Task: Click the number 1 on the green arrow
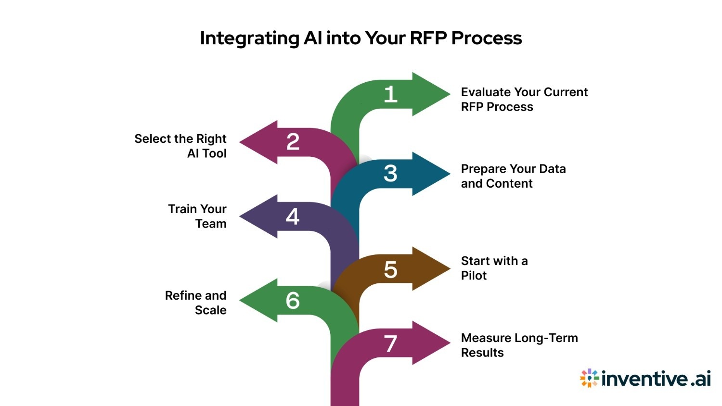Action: pyautogui.click(x=390, y=94)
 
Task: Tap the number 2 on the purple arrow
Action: pyautogui.click(x=293, y=142)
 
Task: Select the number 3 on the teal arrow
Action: pyautogui.click(x=390, y=174)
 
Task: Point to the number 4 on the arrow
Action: pyautogui.click(x=293, y=216)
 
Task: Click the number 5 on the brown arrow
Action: pyautogui.click(x=390, y=269)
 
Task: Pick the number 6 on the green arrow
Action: pyautogui.click(x=293, y=301)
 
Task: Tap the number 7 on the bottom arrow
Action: pyautogui.click(x=390, y=344)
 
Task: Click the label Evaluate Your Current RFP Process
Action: pyautogui.click(x=524, y=99)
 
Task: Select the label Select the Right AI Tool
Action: pyautogui.click(x=180, y=146)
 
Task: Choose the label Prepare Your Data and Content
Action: pyautogui.click(x=513, y=176)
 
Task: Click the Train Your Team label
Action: pyautogui.click(x=197, y=216)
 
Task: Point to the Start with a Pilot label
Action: pyautogui.click(x=494, y=268)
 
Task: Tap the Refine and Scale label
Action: pyautogui.click(x=196, y=303)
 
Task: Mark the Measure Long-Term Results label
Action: pyautogui.click(x=519, y=345)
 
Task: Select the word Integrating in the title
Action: pyautogui.click(x=249, y=38)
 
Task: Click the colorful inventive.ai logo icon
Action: pyautogui.click(x=589, y=379)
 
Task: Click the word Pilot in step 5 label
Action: pyautogui.click(x=474, y=276)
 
